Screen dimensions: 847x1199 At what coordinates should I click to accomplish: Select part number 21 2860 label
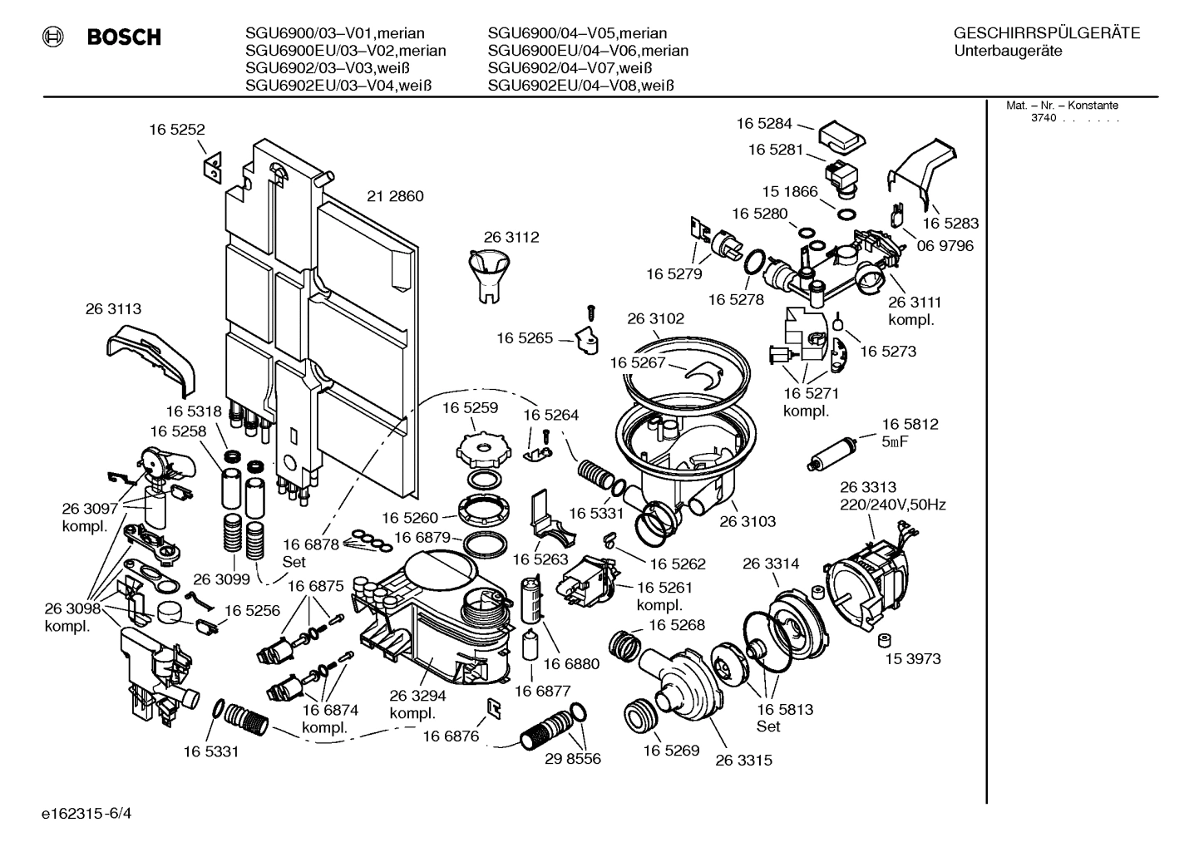click(395, 197)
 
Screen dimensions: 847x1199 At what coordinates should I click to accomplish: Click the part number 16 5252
click(176, 130)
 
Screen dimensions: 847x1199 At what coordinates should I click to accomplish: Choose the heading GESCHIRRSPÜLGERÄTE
click(1046, 34)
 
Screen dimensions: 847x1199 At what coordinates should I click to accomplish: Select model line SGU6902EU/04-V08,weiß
click(580, 86)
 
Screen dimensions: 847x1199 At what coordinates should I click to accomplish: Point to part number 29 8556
click(572, 759)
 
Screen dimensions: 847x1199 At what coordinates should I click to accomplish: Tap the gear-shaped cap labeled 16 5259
click(481, 452)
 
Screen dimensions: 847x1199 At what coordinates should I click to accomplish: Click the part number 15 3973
click(912, 659)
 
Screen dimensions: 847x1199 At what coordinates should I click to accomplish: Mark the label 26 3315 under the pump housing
click(743, 761)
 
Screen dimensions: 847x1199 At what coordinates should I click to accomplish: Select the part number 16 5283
click(950, 224)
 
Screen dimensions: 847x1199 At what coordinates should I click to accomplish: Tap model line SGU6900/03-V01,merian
click(334, 34)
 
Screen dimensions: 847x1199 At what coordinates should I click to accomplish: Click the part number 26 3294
click(417, 697)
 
